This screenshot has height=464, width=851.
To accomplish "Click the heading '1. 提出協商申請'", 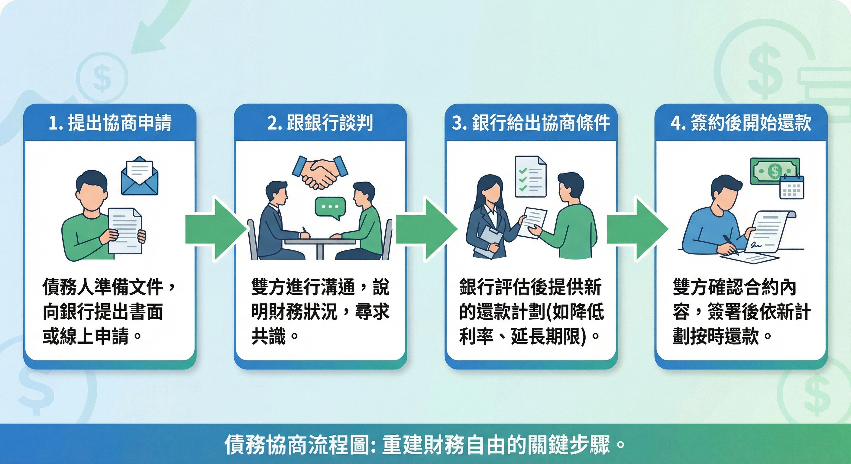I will coord(110,123).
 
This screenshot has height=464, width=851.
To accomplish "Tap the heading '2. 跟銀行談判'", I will coord(320,123).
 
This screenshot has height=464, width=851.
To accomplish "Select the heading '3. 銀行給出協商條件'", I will coord(531,123).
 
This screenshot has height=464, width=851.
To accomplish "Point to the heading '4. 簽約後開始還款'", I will coord(741,123).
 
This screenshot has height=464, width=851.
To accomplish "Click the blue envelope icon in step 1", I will coord(139,177).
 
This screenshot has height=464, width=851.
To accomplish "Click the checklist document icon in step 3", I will coord(531,177).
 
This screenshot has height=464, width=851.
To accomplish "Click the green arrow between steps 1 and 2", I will coord(215,229).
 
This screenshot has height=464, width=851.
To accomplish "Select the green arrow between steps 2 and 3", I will coord(426,229).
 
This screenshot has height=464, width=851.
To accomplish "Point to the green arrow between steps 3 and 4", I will coord(637,229).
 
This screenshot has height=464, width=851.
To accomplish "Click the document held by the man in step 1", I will coord(125,230).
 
